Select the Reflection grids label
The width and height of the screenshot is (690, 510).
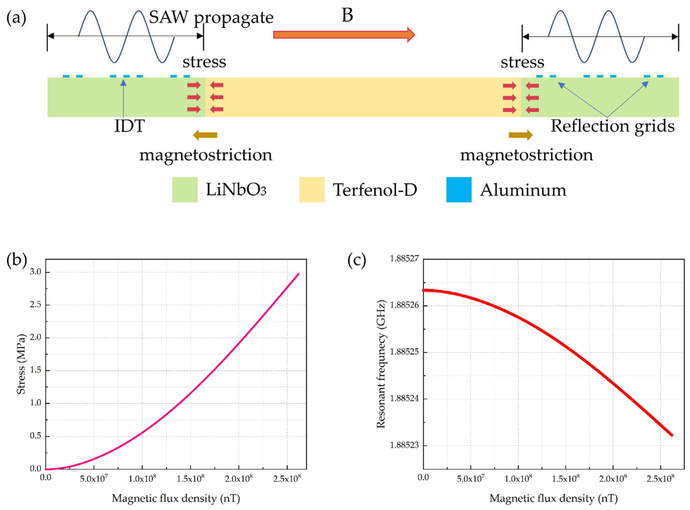pyautogui.click(x=613, y=126)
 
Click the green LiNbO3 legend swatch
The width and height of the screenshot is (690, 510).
pyautogui.click(x=185, y=190)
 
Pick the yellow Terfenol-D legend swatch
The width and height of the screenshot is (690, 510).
pyautogui.click(x=312, y=190)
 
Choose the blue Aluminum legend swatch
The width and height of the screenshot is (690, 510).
pyautogui.click(x=459, y=190)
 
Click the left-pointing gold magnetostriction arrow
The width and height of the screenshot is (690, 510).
pyautogui.click(x=205, y=135)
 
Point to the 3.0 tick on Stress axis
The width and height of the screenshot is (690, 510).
pyautogui.click(x=36, y=272)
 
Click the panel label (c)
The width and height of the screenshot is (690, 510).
pyautogui.click(x=357, y=260)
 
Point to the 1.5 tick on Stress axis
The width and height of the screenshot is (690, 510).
pyautogui.click(x=36, y=370)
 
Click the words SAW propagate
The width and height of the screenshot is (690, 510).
pyautogui.click(x=211, y=17)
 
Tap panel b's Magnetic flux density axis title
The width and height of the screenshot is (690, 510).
pyautogui.click(x=176, y=498)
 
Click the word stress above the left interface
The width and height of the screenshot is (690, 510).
pyautogui.click(x=204, y=62)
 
